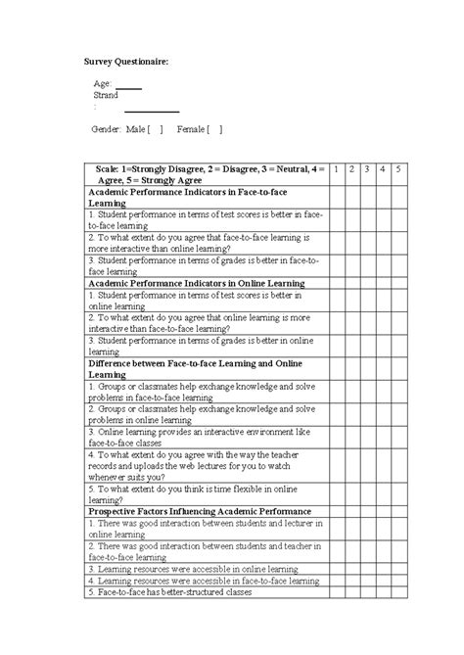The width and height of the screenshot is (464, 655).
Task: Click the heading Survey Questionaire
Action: pyautogui.click(x=125, y=62)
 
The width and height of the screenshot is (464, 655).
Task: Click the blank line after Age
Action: pyautogui.click(x=129, y=86)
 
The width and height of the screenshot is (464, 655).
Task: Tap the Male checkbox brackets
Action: pyautogui.click(x=156, y=129)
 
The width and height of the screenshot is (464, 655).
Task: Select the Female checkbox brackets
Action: pyautogui.click(x=214, y=129)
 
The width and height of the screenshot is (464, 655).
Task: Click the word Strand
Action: pyautogui.click(x=105, y=96)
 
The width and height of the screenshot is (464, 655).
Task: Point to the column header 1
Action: pyautogui.click(x=336, y=169)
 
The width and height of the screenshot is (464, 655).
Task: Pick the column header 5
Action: pyautogui.click(x=398, y=169)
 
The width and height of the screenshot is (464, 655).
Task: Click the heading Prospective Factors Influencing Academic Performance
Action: pyautogui.click(x=200, y=511)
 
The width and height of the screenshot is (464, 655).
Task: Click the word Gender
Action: pyautogui.click(x=105, y=129)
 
